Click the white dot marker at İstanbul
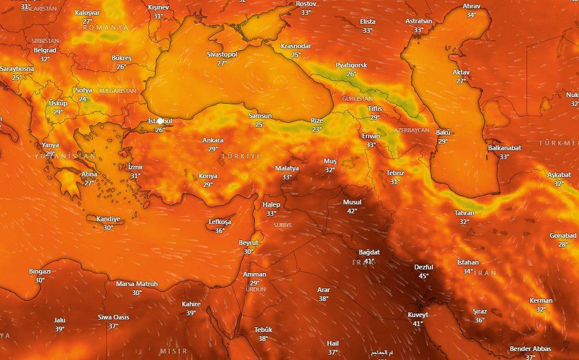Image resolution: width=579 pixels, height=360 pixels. click(160, 121)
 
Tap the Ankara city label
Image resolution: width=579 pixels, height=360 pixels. click(213, 141)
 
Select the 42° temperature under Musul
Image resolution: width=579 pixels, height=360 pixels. click(352, 211)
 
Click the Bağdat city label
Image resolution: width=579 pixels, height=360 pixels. click(369, 252)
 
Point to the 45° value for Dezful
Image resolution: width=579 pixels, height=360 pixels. click(424, 276)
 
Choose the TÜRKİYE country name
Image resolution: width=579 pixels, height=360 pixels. click(241, 156)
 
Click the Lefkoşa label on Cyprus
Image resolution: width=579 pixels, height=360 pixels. click(220, 222)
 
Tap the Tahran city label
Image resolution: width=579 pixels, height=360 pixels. click(464, 213)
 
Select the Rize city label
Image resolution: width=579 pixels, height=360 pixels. click(317, 120)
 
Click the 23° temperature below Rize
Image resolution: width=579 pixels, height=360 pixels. click(317, 129)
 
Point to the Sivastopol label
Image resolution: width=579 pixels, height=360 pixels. click(222, 54)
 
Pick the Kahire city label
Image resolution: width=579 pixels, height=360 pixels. click(191, 304)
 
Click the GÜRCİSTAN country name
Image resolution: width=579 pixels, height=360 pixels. click(357, 98)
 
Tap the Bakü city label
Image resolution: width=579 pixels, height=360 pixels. click(443, 132)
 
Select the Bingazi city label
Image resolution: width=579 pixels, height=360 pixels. click(40, 271)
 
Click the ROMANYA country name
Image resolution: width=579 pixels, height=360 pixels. click(106, 27)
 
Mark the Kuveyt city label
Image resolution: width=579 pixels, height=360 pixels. click(418, 315)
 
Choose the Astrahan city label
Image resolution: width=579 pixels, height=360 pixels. click(418, 21)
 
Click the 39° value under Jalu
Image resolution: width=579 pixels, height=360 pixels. click(60, 329)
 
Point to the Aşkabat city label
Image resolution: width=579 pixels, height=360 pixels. click(559, 175)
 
